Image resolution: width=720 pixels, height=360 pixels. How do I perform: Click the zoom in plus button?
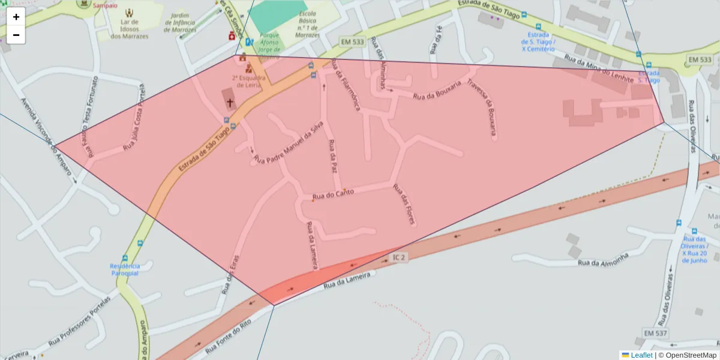click(16, 17)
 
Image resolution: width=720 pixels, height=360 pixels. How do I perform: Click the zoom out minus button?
click(16, 35)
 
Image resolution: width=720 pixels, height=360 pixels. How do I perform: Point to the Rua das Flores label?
click(404, 204)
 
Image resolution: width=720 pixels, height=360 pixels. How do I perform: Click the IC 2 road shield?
click(399, 257)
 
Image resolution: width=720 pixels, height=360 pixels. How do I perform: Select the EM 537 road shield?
click(655, 333)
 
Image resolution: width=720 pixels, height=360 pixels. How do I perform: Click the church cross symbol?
click(229, 103)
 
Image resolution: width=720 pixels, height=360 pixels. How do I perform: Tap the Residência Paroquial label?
click(125, 269)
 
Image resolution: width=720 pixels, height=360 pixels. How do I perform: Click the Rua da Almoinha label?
click(603, 259)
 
